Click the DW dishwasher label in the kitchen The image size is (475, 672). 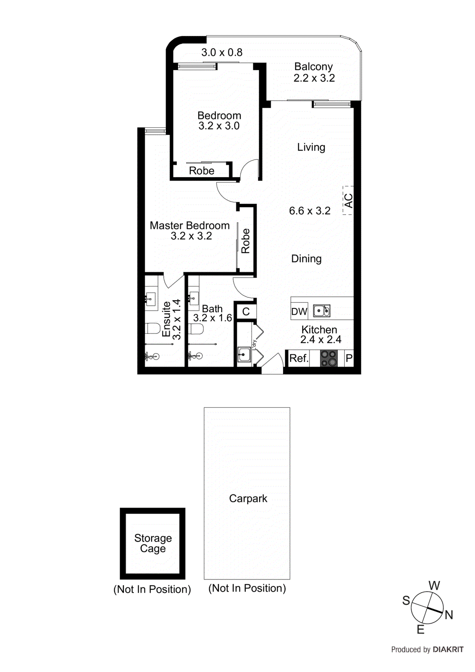[299, 312]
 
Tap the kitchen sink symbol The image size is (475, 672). [322, 311]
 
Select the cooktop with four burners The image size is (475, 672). [329, 358]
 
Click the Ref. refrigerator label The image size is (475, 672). [299, 359]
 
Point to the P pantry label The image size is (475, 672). [349, 359]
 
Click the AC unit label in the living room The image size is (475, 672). [348, 201]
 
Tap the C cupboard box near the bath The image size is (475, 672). [246, 312]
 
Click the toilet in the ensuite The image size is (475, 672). [152, 328]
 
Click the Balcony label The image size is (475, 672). [313, 67]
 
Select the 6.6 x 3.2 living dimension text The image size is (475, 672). [310, 211]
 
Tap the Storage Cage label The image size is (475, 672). [153, 543]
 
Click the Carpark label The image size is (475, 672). [248, 499]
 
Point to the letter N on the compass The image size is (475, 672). [449, 615]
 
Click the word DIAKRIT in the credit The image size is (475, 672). [448, 650]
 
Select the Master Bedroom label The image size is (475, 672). [189, 226]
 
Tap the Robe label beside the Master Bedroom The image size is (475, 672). [246, 241]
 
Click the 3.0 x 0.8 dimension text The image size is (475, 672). [222, 52]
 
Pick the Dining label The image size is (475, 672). [306, 259]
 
